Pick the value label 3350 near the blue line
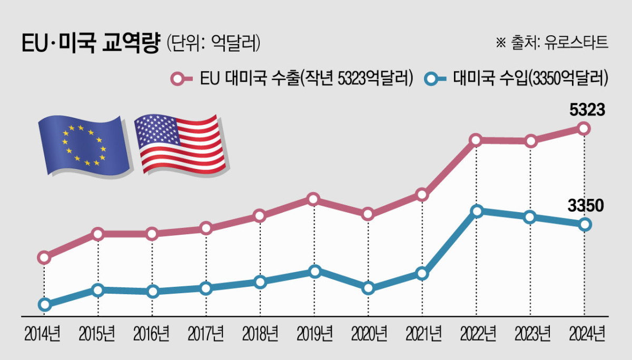[x=585, y=206]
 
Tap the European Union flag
[x=84, y=144]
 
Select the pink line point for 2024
[x=584, y=128]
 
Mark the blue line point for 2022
[x=477, y=212]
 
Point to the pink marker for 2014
[x=45, y=257]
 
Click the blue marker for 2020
[x=368, y=288]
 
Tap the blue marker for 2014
[x=45, y=304]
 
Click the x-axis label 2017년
[x=206, y=333]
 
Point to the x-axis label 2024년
[x=586, y=333]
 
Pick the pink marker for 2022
[x=476, y=141]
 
